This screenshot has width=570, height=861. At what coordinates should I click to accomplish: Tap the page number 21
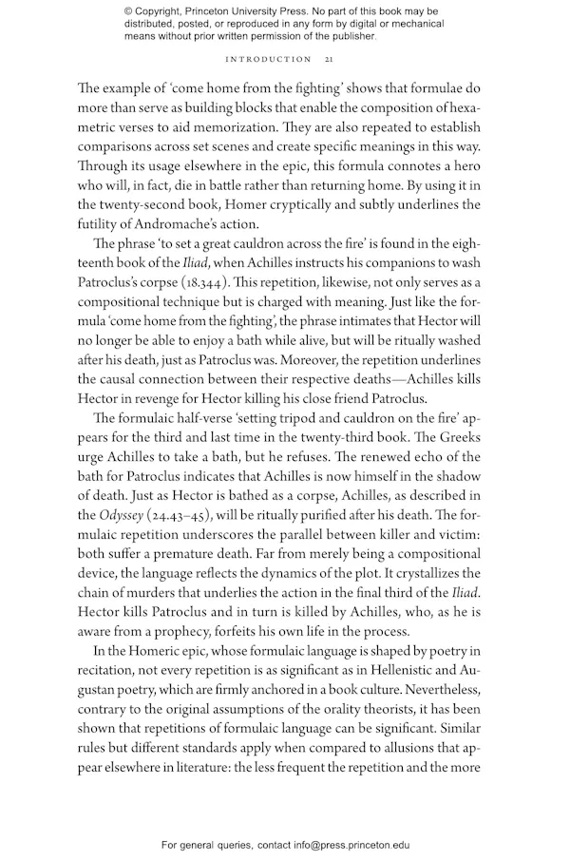point(328,59)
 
